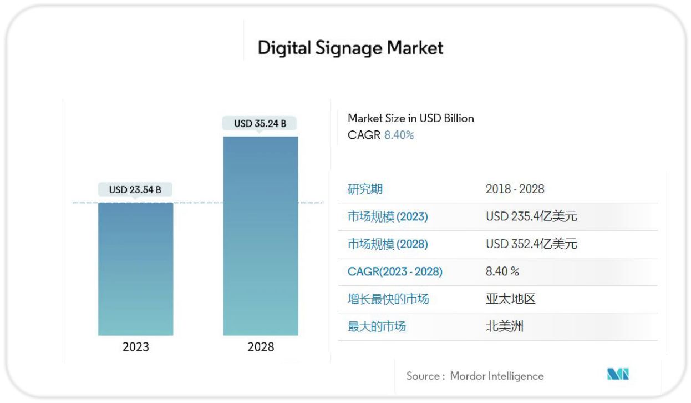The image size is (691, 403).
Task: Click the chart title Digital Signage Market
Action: [x=350, y=48]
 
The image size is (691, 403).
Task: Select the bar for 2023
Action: [x=136, y=269]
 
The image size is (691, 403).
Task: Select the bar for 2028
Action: [x=261, y=236]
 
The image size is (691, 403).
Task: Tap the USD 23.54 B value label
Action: [x=135, y=190]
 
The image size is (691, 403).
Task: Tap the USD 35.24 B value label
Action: [x=260, y=123]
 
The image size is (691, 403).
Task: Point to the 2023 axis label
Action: [x=136, y=347]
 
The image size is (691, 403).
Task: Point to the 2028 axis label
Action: [x=261, y=347]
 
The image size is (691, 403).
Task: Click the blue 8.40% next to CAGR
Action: [x=399, y=135]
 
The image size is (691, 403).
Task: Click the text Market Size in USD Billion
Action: [x=410, y=118]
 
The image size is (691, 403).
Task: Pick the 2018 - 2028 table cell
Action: [x=515, y=189]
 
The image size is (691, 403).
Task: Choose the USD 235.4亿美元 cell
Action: [x=531, y=216]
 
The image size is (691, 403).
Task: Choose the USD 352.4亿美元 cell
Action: [x=531, y=244]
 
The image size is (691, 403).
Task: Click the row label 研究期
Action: [x=365, y=189]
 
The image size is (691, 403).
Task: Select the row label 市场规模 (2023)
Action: [x=388, y=216]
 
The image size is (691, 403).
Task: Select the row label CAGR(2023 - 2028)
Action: [x=395, y=271]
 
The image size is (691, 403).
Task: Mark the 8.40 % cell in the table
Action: [x=502, y=271]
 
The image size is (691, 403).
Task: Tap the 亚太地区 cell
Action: [x=510, y=299]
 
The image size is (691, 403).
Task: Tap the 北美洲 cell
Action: [x=504, y=326]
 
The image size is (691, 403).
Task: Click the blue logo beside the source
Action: [x=618, y=375]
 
